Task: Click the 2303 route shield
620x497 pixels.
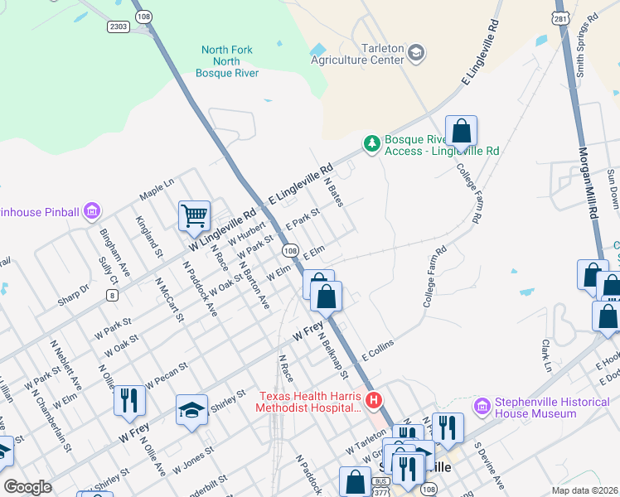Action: click(x=118, y=27)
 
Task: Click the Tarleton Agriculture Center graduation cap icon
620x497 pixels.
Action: click(x=415, y=55)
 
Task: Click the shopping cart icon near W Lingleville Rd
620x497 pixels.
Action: click(x=194, y=215)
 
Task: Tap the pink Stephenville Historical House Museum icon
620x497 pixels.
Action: click(x=482, y=407)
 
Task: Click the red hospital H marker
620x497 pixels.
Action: click(x=374, y=401)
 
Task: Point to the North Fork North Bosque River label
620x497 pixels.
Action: click(x=227, y=62)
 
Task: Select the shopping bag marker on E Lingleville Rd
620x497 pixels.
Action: click(x=461, y=131)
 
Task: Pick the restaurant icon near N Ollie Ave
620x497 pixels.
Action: click(x=129, y=400)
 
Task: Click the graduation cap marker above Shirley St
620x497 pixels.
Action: click(x=191, y=410)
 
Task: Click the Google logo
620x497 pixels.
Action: click(x=28, y=487)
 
